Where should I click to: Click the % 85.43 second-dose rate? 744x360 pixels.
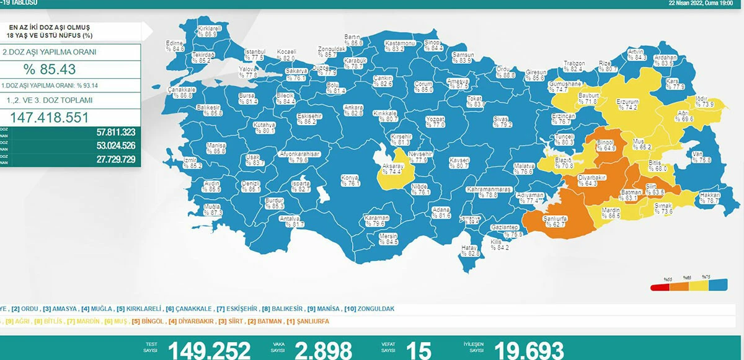point(50,69)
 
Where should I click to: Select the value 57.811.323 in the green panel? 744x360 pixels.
point(107,132)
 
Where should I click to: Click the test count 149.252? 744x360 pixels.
point(209,349)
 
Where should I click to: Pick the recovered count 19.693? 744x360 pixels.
point(529,349)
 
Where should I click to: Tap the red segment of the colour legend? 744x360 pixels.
point(660,287)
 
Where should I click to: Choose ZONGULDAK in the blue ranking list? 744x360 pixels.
point(376,309)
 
